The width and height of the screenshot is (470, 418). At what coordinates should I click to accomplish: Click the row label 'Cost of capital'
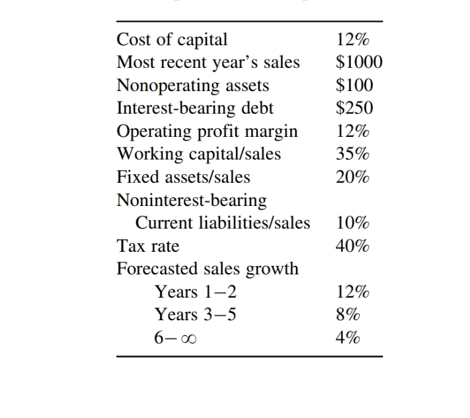click(172, 40)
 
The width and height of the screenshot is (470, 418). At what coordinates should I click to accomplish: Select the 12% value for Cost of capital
click(353, 40)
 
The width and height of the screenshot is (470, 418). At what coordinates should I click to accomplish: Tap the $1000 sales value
click(359, 62)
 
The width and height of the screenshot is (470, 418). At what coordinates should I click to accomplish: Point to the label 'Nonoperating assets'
click(193, 86)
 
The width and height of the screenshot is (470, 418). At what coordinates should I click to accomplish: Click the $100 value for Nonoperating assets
click(355, 86)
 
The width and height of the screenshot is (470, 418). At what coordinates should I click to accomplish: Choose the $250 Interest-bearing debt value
click(355, 108)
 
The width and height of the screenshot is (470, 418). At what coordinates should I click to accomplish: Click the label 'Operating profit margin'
click(207, 131)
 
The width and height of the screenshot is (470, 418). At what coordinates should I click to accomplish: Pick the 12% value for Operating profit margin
click(353, 131)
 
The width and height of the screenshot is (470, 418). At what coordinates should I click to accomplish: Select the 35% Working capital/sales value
click(353, 154)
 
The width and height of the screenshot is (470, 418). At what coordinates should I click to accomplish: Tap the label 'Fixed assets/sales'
click(183, 177)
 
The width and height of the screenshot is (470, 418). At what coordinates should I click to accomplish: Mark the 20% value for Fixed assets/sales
click(353, 177)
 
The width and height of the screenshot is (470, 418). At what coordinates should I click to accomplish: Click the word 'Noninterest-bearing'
click(191, 200)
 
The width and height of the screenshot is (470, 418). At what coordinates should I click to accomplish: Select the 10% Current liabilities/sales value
click(353, 223)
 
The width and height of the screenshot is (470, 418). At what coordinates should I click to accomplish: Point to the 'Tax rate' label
click(148, 246)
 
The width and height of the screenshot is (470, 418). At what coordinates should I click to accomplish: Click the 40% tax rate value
click(353, 246)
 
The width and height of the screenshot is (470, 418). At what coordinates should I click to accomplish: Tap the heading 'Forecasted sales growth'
click(208, 269)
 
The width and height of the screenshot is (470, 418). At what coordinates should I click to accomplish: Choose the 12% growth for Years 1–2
click(353, 292)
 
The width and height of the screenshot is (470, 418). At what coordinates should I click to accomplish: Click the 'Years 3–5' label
click(196, 315)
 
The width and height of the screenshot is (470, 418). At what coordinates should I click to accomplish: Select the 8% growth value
click(348, 315)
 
